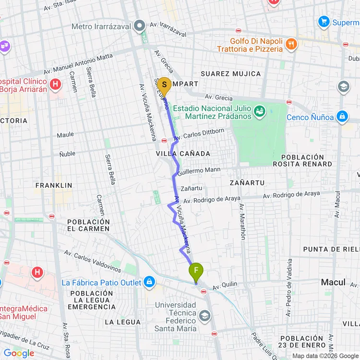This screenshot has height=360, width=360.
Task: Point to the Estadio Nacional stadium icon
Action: [x=260, y=111]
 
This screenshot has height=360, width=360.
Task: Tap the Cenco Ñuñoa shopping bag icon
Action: [x=342, y=117]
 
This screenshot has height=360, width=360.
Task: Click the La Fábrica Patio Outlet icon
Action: [x=149, y=282]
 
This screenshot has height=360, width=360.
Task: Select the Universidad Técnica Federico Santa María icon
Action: [x=205, y=316]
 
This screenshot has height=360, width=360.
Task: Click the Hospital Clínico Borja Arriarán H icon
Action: [x=56, y=85]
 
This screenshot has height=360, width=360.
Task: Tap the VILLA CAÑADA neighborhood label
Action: [x=183, y=153]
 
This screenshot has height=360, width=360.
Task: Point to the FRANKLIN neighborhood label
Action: [x=54, y=185]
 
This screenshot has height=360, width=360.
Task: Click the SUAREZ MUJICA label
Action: [x=231, y=74]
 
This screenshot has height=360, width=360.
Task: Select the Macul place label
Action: [x=333, y=282]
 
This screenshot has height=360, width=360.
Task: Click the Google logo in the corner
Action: [x=19, y=353]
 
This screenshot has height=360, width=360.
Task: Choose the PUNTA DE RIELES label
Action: [x=331, y=249]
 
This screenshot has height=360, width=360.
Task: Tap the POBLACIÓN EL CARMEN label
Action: [x=89, y=226]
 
